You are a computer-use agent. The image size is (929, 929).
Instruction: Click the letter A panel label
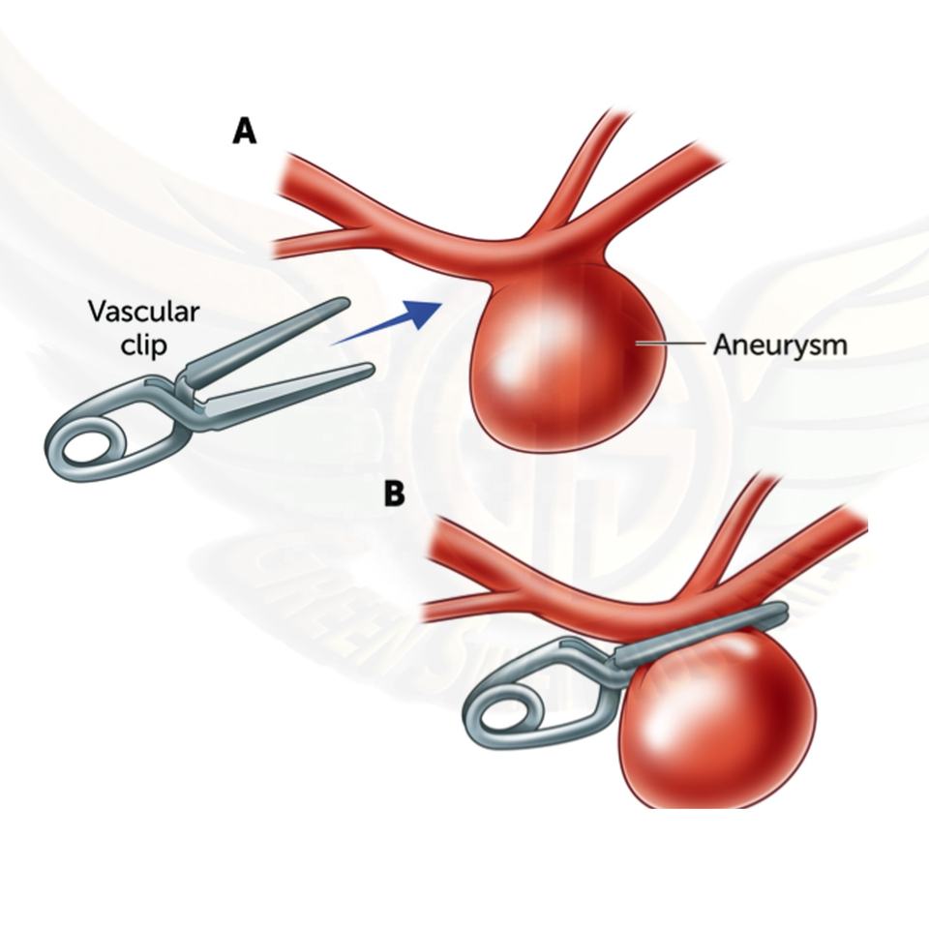click(x=245, y=131)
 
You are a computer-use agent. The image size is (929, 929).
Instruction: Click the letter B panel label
click(x=394, y=494)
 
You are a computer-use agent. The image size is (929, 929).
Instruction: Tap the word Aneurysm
click(x=779, y=345)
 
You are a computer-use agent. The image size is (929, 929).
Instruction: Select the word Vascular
click(x=143, y=312)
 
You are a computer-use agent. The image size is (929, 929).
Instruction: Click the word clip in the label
click(x=143, y=345)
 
